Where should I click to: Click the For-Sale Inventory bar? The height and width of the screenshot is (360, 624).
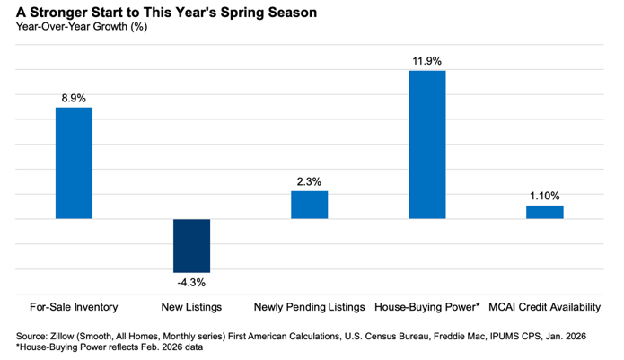[74, 162]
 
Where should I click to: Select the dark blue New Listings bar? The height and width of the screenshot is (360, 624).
[191, 245]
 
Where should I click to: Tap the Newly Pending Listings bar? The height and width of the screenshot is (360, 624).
[309, 205]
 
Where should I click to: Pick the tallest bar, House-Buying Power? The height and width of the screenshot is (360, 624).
[426, 144]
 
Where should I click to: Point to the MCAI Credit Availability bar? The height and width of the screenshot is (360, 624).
[544, 212]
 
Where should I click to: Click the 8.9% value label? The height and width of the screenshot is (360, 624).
[74, 98]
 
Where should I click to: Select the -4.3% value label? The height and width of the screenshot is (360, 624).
[191, 284]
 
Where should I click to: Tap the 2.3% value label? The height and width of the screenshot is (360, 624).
[309, 181]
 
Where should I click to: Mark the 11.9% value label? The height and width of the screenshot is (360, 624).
[426, 60]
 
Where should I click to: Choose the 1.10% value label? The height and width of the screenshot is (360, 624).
[544, 196]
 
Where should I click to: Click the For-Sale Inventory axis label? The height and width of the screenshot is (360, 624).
[74, 307]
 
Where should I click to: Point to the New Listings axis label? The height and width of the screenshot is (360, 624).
[191, 307]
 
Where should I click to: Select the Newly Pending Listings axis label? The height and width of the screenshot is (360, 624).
[309, 307]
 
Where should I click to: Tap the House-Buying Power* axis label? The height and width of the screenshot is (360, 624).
[426, 307]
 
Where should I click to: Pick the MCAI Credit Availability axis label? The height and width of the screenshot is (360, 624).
[544, 307]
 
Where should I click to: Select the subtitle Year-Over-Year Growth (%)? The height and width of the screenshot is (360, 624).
[82, 27]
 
